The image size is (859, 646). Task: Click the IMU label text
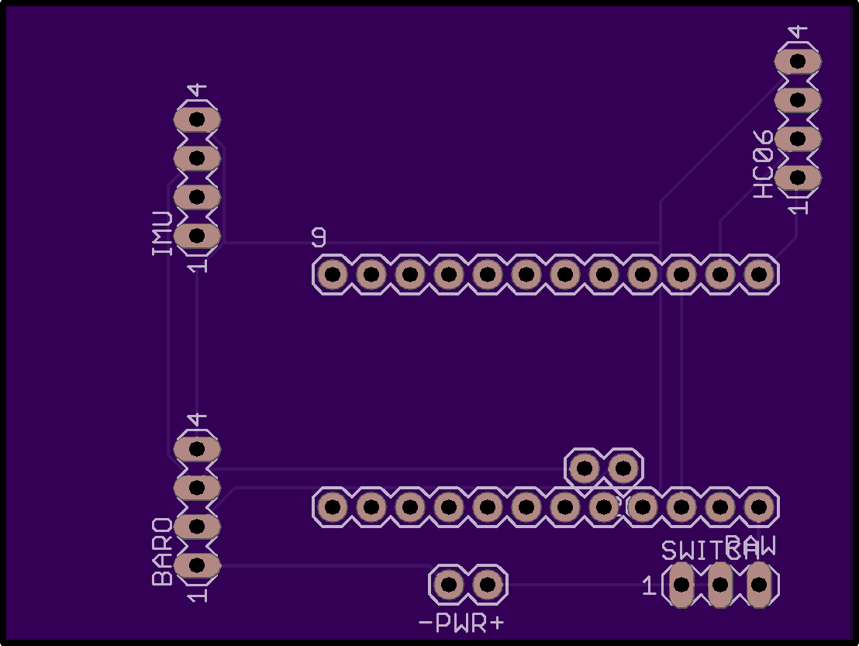point(162,233)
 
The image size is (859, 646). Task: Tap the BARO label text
point(162,551)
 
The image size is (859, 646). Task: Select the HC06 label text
point(764,164)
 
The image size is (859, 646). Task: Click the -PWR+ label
point(461,623)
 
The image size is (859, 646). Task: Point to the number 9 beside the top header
point(319,237)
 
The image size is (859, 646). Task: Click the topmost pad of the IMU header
point(197,119)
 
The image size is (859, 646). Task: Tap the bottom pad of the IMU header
point(197,235)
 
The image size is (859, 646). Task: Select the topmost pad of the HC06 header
point(799,60)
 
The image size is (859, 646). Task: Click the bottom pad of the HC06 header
point(799,178)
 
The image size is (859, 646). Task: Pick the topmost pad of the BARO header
point(197,448)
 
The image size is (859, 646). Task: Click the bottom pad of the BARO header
point(197,565)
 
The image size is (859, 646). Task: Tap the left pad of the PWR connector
point(449,584)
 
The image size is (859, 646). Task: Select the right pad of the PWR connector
point(488,584)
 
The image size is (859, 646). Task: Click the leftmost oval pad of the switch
point(681,585)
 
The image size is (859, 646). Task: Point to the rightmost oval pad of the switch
point(759,585)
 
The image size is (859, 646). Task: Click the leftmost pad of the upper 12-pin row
point(333,274)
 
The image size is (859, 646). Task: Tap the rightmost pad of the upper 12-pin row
point(760,274)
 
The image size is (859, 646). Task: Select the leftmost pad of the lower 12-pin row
point(333,507)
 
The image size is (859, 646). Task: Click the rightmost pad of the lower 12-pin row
point(758,507)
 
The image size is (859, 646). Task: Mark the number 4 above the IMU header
point(198,91)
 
